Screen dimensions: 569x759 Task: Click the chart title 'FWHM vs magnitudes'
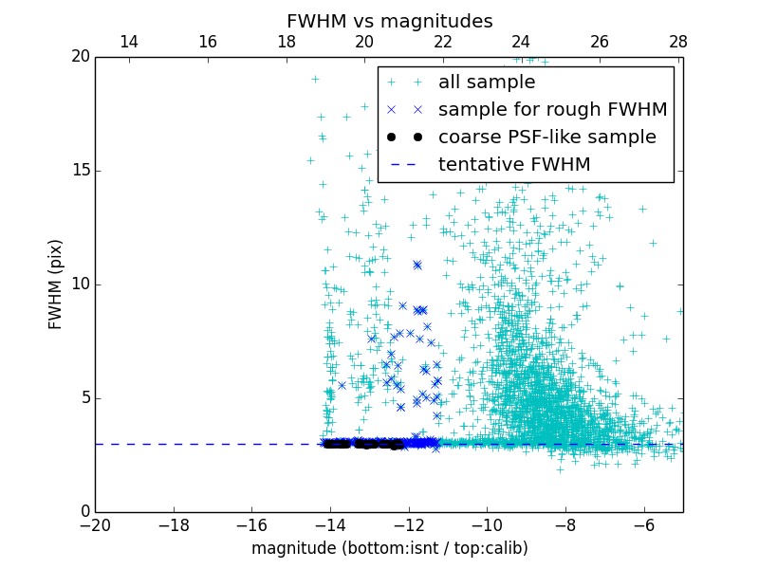(389, 21)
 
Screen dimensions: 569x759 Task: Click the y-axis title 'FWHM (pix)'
(56, 284)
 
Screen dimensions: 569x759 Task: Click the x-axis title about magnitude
(389, 548)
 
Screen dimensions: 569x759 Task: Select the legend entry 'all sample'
(486, 83)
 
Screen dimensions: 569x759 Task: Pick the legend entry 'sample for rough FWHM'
(552, 110)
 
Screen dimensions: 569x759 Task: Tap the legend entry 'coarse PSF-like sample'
(546, 138)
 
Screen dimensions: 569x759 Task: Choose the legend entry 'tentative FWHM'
(513, 165)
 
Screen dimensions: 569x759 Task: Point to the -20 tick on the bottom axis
(95, 526)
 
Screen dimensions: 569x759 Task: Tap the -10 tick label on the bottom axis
(487, 526)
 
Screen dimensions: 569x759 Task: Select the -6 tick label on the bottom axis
(643, 526)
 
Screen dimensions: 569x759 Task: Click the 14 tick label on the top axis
(129, 42)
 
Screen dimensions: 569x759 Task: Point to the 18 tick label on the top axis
(286, 42)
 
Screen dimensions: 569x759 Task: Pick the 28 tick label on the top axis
(677, 42)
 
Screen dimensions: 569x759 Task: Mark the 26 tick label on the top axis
(600, 42)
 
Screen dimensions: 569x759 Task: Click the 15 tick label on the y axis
(78, 171)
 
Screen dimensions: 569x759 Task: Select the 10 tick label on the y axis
(78, 284)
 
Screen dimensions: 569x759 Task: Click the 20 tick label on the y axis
(78, 57)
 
